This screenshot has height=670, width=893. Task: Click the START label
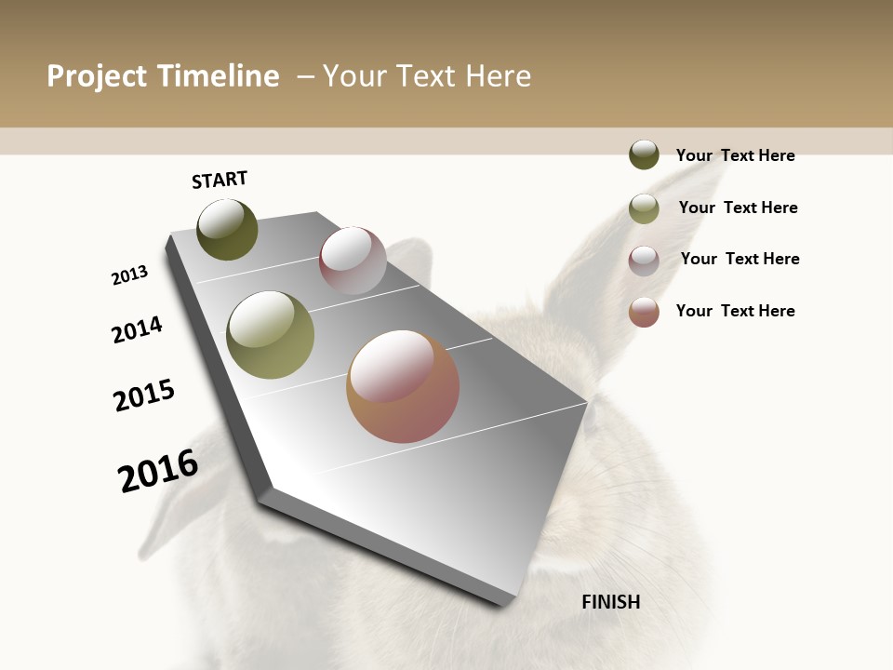coord(220,180)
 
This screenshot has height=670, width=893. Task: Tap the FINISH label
coord(611,602)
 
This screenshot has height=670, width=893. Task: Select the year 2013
coord(130,275)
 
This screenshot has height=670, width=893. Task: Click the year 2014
coord(138,329)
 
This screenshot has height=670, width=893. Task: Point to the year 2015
coord(144,395)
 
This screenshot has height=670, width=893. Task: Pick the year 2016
coord(158,471)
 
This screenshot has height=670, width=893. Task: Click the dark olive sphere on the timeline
coord(227,230)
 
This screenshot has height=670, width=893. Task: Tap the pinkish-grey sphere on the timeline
coord(353,261)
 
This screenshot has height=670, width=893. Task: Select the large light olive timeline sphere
coord(271,335)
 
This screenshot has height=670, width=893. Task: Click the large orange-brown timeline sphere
coord(403,386)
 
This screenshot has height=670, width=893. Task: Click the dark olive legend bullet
coord(644,154)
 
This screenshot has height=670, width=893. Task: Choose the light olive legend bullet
coord(644,208)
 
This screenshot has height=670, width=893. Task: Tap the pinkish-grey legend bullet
coord(644,261)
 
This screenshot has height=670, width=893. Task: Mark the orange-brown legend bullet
coord(644,312)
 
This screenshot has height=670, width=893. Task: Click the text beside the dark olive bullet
coord(735,155)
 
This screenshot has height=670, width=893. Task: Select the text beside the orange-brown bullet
coord(735,311)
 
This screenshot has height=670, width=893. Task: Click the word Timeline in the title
coord(218,76)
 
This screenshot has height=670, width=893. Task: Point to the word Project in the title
coord(98,76)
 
